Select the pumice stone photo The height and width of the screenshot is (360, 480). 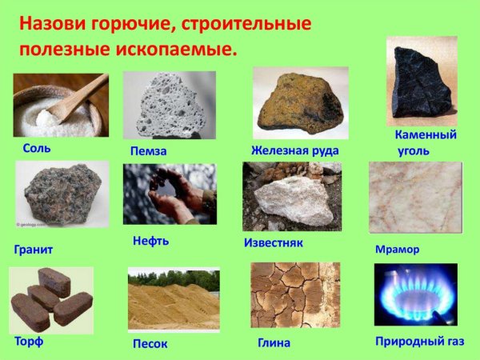[168, 105]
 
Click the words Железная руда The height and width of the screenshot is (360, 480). [294, 150]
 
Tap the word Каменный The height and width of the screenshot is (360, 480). [426, 134]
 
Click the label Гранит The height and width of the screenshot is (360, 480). [34, 250]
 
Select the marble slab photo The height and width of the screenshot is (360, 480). [414, 196]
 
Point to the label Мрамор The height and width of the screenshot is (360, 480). [397, 249]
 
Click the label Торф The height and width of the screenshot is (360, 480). [29, 342]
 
